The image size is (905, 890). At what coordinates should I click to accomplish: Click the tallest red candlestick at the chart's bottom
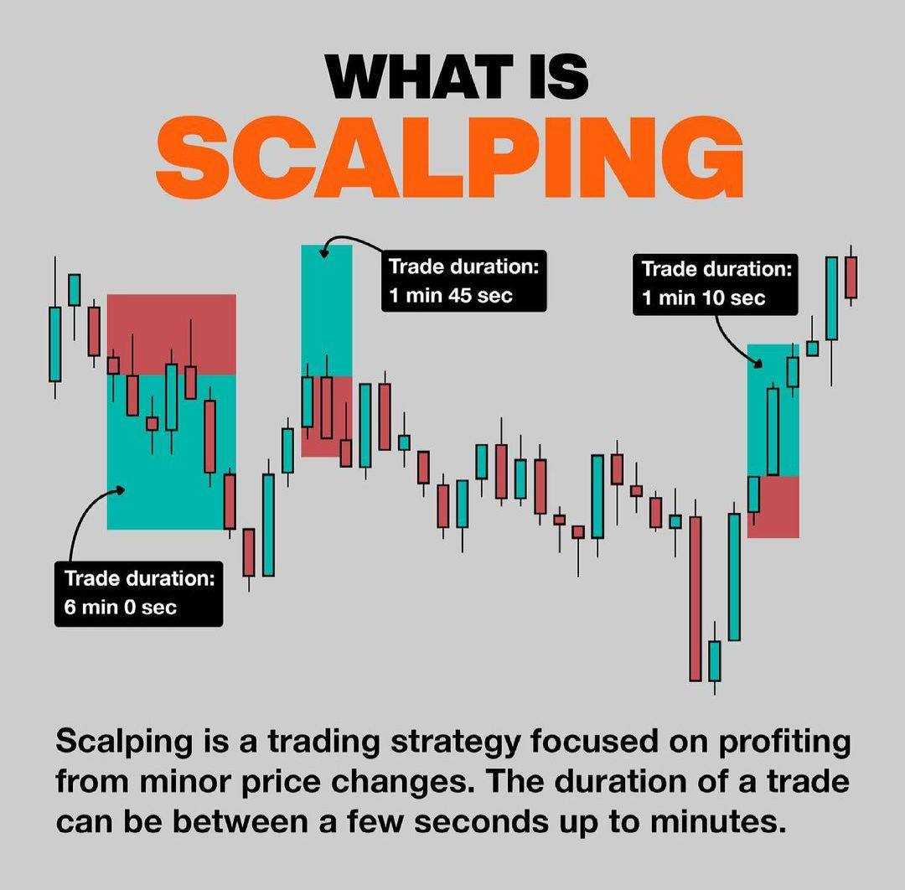(x=695, y=598)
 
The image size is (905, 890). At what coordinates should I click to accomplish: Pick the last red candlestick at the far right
(x=851, y=277)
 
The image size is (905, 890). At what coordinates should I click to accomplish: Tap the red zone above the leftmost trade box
(x=172, y=334)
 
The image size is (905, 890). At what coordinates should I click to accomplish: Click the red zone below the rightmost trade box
(x=773, y=507)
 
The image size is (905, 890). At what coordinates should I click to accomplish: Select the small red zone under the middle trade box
(x=327, y=442)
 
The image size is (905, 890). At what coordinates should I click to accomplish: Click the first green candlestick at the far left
(x=55, y=344)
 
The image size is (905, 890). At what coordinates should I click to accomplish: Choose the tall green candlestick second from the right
(x=831, y=298)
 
